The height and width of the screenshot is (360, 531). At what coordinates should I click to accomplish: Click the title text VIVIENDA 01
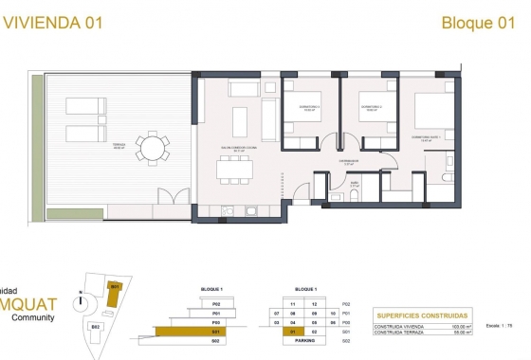click(x=53, y=24)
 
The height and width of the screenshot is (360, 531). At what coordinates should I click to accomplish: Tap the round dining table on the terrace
click(x=153, y=149)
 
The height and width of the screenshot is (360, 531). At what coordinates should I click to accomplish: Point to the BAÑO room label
click(x=354, y=185)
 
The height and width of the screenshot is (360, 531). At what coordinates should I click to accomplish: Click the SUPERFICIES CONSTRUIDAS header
click(x=422, y=315)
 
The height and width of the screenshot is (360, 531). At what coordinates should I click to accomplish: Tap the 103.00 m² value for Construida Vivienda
click(x=457, y=326)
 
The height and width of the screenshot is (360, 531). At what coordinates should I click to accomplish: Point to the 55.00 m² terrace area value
click(x=458, y=333)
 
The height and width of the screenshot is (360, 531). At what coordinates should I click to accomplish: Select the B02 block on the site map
click(x=95, y=326)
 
